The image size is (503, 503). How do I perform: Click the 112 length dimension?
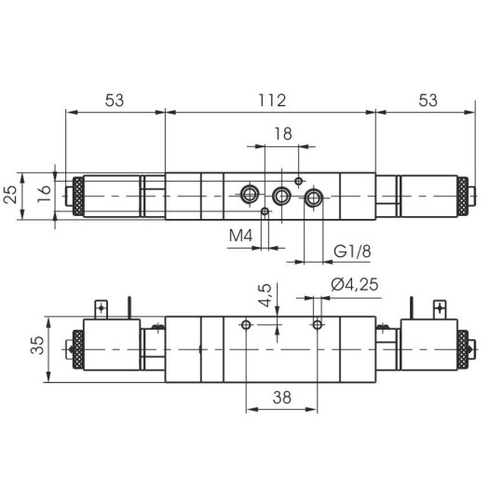point(271,99)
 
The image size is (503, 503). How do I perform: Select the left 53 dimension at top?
point(115,99)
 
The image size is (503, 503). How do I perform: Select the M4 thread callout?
point(241,237)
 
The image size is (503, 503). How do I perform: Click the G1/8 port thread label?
point(348,251)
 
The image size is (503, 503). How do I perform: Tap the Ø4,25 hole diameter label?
point(353,286)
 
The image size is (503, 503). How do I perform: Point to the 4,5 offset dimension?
point(265,295)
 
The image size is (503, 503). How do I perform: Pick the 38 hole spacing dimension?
point(281,396)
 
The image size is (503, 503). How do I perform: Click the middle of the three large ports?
point(281,196)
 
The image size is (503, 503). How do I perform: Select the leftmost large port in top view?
point(249,195)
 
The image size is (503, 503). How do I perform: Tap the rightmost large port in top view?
point(314,197)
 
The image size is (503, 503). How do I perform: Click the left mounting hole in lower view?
point(246,324)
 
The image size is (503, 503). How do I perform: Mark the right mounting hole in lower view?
point(318,324)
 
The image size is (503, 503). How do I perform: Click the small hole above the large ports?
point(298,180)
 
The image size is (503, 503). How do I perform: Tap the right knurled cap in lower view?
point(459,349)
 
